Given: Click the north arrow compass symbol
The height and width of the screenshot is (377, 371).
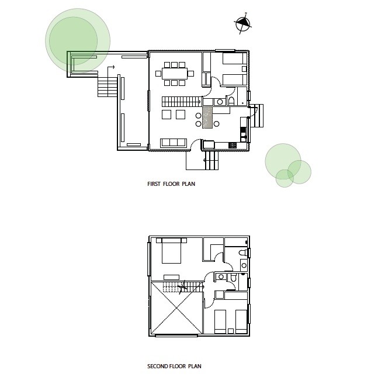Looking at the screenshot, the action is pyautogui.click(x=243, y=23).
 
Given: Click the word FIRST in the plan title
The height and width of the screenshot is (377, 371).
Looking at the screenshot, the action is pyautogui.click(x=154, y=184).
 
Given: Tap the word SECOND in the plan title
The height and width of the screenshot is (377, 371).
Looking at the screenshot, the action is pyautogui.click(x=158, y=366).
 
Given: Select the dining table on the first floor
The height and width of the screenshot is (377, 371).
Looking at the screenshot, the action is pyautogui.click(x=175, y=74).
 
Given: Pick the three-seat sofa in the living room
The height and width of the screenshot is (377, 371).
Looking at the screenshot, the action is pyautogui.click(x=174, y=143).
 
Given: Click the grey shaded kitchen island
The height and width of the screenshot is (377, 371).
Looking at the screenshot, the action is pyautogui.click(x=207, y=117).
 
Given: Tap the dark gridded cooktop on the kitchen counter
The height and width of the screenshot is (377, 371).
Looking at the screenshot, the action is pyautogui.click(x=233, y=145).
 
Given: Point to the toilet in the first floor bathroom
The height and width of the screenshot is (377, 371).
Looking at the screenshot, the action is pyautogui.click(x=231, y=101).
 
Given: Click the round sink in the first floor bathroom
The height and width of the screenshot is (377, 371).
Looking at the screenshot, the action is pyautogui.click(x=220, y=102).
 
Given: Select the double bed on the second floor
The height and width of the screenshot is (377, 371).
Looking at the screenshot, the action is pyautogui.click(x=171, y=251).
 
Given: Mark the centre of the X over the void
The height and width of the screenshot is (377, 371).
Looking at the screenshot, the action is pyautogui.click(x=176, y=308).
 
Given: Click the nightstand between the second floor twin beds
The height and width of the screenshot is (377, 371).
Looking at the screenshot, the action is pyautogui.click(x=231, y=331).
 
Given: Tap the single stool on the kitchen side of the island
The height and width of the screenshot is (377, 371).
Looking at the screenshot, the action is pyautogui.click(x=216, y=124).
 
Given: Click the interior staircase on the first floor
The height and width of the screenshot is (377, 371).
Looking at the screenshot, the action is pyautogui.click(x=182, y=102).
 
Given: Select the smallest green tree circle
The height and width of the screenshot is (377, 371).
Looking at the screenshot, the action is pyautogui.click(x=285, y=178).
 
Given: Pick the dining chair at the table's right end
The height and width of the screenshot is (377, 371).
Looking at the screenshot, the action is pyautogui.click(x=191, y=74).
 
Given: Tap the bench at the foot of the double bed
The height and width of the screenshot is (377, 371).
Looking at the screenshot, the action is pyautogui.click(x=171, y=277).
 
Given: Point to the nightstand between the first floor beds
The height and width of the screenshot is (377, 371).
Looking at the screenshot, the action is pyautogui.click(x=244, y=69).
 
